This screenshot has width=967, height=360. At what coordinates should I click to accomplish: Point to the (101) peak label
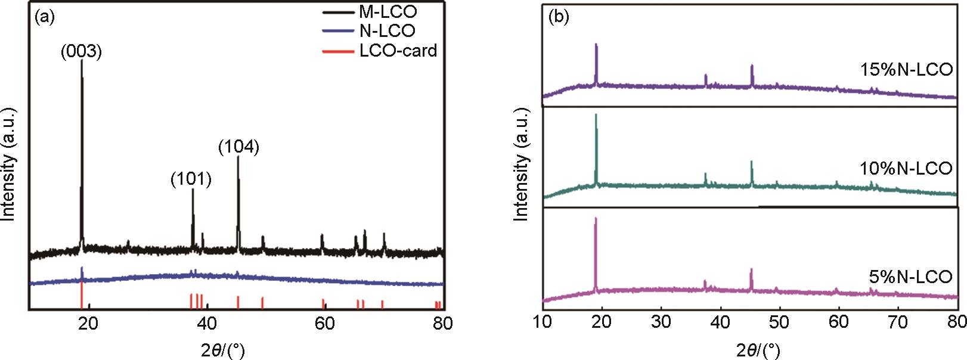pos(191,179)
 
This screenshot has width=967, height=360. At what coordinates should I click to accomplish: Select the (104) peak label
pos(238,146)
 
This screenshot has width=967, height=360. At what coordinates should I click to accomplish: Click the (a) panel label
pos(45,17)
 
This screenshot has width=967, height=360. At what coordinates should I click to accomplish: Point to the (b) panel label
pos(559,17)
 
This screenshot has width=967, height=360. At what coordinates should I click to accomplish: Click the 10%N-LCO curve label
pos(906,169)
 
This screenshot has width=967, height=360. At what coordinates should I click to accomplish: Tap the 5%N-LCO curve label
pos(911,277)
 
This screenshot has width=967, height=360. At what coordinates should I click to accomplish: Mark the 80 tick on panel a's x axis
pos(442,324)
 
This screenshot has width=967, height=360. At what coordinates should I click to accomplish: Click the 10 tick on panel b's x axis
pos(543,322)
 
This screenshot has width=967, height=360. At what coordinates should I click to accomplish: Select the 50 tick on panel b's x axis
pos(779,322)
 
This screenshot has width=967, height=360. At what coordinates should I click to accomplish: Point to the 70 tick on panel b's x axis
pos(897,322)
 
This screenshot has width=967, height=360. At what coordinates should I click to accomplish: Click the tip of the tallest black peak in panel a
pos(82,60)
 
